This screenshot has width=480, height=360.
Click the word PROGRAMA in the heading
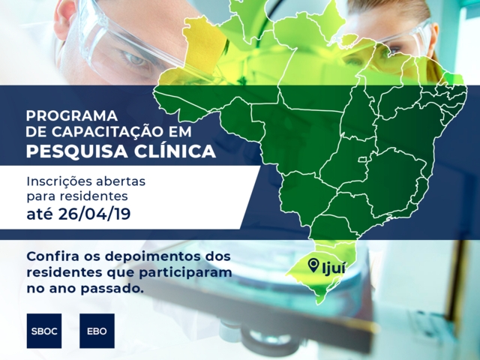coord(72,116)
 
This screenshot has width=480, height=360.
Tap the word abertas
coord(123,182)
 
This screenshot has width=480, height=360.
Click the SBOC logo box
coord(43,330)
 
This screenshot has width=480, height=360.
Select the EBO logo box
coord(97,330)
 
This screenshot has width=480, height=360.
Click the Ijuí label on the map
coord(331,266)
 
